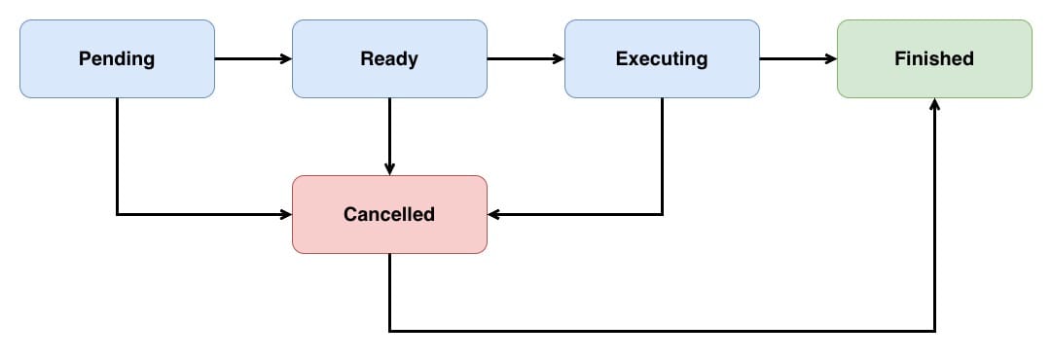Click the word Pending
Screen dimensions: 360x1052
[117, 58]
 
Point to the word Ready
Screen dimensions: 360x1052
[389, 58]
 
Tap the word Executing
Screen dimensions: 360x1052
[662, 58]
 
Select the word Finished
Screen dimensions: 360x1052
[934, 58]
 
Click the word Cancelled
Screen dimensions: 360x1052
[389, 214]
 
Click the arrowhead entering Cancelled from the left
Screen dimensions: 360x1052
[286, 214]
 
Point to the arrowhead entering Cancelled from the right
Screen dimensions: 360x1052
[493, 214]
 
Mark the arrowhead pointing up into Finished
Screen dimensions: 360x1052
[934, 104]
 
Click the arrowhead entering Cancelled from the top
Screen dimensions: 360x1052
[389, 169]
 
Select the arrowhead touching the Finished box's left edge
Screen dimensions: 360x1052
[831, 58]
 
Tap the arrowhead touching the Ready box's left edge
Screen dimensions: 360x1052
[286, 58]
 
